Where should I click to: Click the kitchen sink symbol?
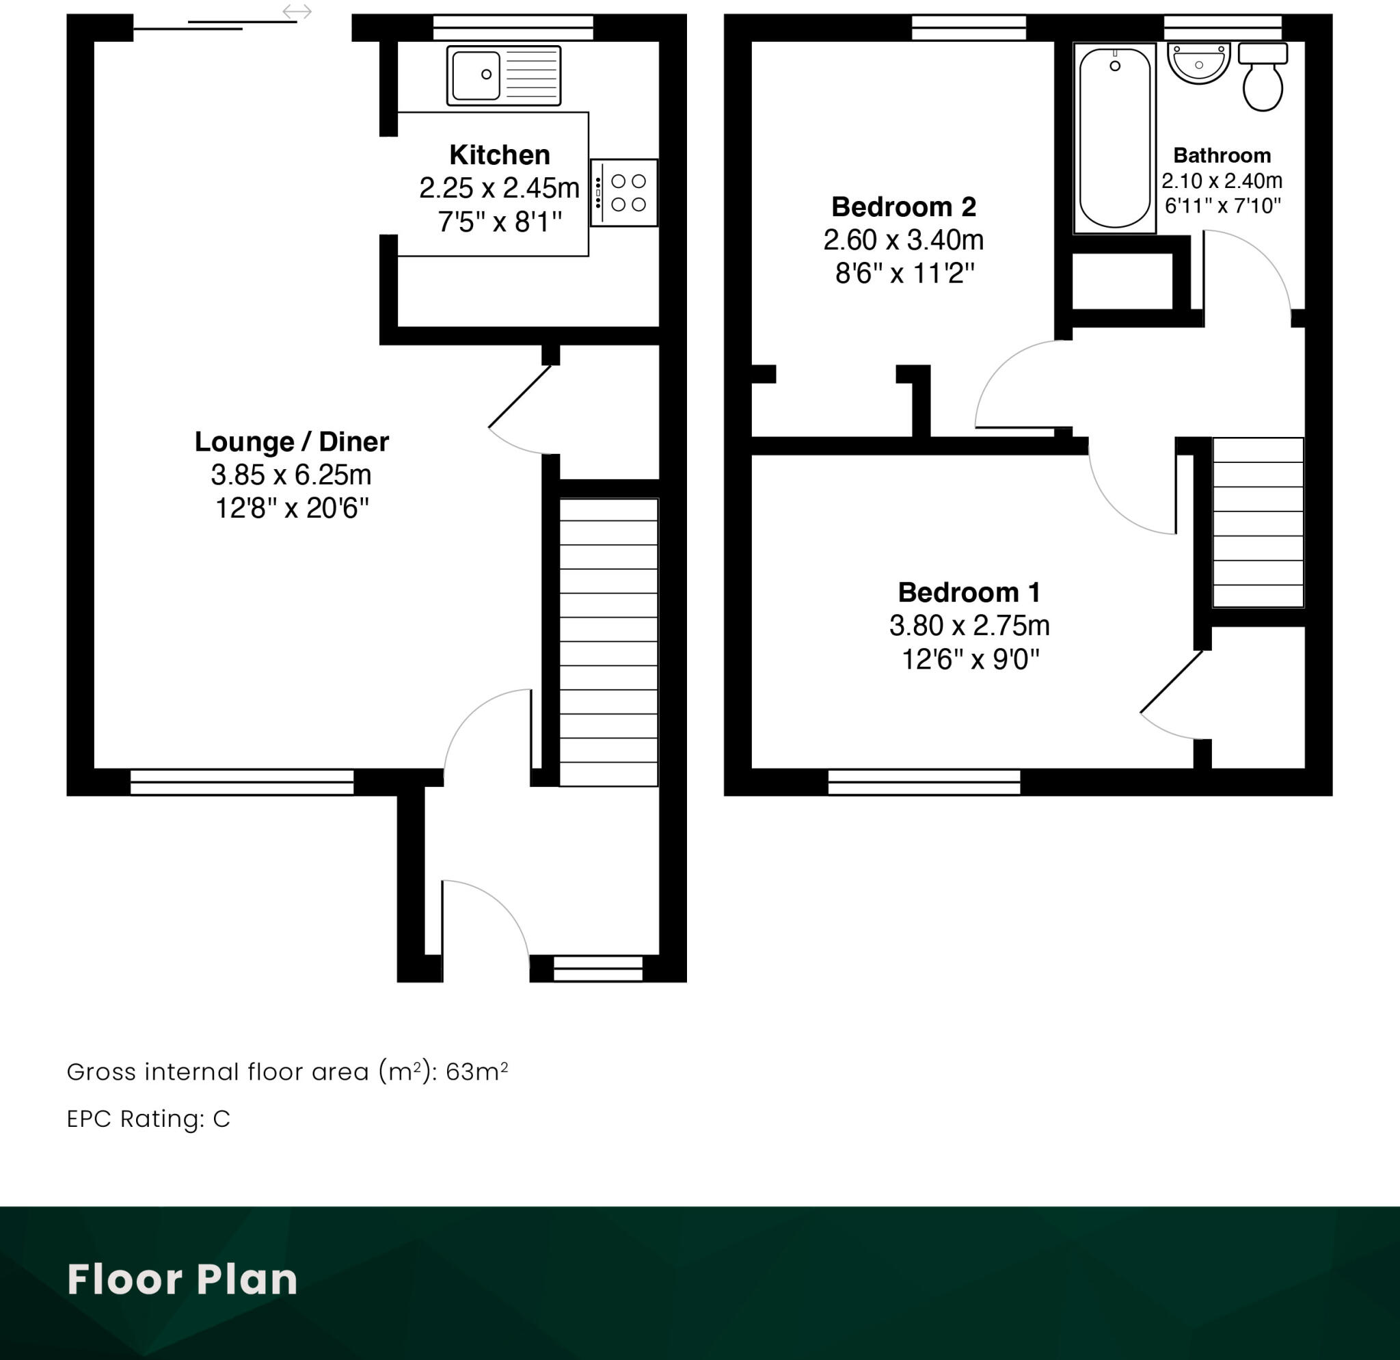504,75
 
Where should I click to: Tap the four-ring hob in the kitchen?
624,193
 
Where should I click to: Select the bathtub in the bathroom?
1114,138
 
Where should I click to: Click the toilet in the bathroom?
1263,77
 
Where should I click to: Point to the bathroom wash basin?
1198,63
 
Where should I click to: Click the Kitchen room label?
499,155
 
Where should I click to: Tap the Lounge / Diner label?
291,442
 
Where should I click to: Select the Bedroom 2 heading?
904,206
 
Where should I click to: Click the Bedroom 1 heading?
969,592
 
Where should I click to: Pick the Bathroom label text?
1222,155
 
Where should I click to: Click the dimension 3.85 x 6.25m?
291,475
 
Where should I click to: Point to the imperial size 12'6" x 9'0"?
969,658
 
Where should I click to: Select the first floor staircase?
1258,523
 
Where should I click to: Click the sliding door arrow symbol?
297,12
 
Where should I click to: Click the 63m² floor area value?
476,1071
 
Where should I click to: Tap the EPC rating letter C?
221,1119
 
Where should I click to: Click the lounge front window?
242,782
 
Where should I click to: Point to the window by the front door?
598,969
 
